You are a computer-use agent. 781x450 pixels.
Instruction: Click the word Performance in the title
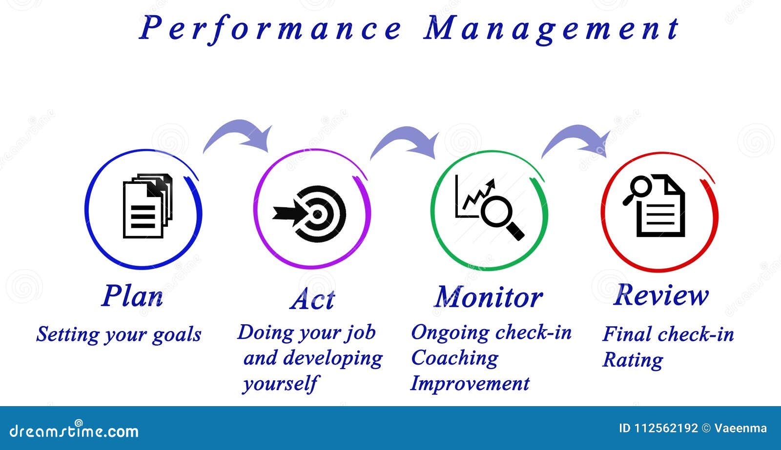[x=270, y=29]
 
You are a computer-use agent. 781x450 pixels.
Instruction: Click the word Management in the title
[x=552, y=29]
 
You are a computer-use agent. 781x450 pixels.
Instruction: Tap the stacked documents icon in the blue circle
[x=148, y=206]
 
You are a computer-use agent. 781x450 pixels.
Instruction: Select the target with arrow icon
[x=309, y=214]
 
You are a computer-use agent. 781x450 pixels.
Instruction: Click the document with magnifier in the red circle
[x=654, y=205]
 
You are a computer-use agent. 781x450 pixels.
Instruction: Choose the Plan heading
[x=132, y=296]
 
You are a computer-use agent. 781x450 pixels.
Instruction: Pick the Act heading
[x=312, y=299]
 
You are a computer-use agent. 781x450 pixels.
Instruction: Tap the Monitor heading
[x=489, y=297]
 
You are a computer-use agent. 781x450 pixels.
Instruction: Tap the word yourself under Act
[x=280, y=384]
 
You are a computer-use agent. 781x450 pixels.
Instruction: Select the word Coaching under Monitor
[x=454, y=358]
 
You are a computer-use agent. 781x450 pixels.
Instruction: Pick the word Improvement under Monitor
[x=470, y=384]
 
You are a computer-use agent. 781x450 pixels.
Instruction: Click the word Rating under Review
[x=633, y=360]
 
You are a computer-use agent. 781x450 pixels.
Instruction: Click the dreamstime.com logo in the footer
[x=74, y=430]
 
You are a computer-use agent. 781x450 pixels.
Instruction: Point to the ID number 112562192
[x=666, y=428]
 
